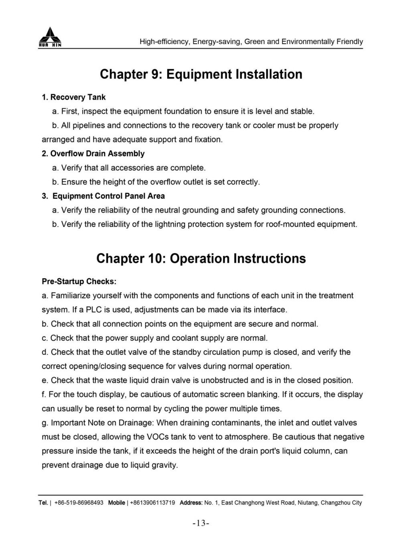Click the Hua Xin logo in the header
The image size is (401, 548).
tap(50, 37)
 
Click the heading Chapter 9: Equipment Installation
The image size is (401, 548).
tap(201, 74)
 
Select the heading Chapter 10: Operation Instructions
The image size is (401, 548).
tap(201, 259)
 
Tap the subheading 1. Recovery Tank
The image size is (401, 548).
tap(74, 97)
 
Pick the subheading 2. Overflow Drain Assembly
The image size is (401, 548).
tap(93, 154)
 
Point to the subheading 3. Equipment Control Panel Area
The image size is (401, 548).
tap(103, 196)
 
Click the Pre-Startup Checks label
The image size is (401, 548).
tap(79, 281)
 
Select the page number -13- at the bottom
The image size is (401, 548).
tap(201, 523)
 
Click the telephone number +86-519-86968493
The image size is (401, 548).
tap(79, 503)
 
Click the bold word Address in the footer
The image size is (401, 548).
tap(191, 503)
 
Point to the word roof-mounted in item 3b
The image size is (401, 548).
tap(290, 224)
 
